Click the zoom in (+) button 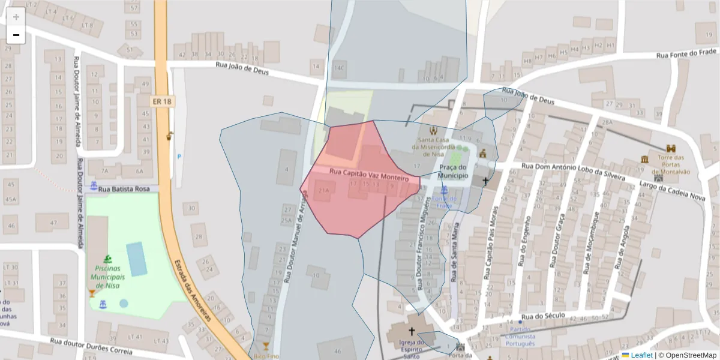coord(16,17)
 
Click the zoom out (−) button coord(16,35)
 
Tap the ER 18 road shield coord(161,102)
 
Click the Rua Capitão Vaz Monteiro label coord(369,175)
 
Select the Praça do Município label coord(453,172)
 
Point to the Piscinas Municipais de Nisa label coord(107,277)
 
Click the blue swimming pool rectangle coord(137,259)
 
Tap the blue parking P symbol coord(179,157)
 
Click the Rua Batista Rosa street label coord(124,189)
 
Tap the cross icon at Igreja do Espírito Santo coord(412,331)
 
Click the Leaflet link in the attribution coord(641,355)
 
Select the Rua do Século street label coord(541,316)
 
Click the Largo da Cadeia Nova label coord(671,189)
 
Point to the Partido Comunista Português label coord(520,337)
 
